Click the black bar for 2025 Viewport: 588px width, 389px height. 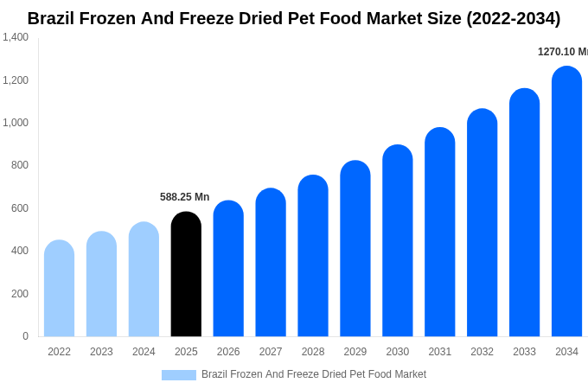[x=186, y=275]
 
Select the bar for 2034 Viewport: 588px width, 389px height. [x=566, y=202]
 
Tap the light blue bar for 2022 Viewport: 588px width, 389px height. [x=59, y=289]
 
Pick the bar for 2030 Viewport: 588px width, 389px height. [x=398, y=241]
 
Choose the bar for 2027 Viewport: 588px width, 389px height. [x=271, y=263]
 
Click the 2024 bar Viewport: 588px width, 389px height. [x=144, y=280]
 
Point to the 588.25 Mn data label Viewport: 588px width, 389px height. [x=184, y=197]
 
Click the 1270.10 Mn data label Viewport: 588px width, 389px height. [x=562, y=52]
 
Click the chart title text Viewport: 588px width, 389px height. [x=294, y=18]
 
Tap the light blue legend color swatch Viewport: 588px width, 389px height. [x=178, y=374]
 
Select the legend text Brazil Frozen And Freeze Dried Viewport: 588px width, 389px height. [x=314, y=374]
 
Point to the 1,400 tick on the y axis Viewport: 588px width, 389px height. [x=16, y=37]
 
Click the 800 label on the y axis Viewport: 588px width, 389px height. [x=20, y=165]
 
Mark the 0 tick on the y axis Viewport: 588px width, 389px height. [x=25, y=336]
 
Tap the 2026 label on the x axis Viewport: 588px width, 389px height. [x=228, y=352]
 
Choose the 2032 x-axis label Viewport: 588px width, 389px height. [x=482, y=352]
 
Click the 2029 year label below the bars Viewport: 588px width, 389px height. [x=355, y=352]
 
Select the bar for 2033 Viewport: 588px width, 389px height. [x=524, y=214]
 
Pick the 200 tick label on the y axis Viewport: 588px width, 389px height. [x=20, y=294]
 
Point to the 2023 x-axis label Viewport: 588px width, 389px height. [x=101, y=352]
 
